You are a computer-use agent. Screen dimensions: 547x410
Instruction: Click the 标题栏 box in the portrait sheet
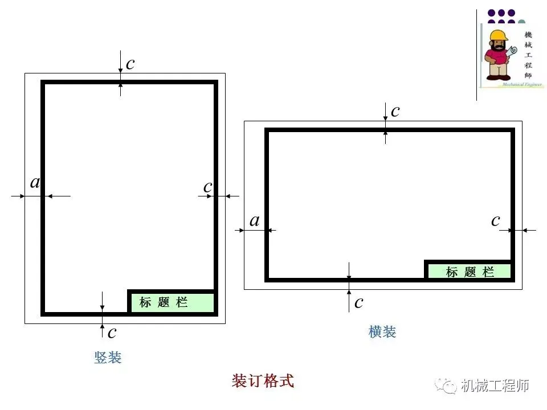(x=172, y=302)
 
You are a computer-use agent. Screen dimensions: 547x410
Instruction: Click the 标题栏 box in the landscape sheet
(x=470, y=272)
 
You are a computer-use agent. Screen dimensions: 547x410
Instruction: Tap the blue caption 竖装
(x=108, y=358)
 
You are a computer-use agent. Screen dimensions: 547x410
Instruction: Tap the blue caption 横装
(x=382, y=332)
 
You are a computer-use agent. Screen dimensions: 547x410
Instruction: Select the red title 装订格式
(x=263, y=381)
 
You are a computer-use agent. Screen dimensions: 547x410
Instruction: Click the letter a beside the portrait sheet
(x=35, y=183)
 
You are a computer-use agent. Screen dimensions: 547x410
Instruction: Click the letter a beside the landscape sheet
(x=254, y=221)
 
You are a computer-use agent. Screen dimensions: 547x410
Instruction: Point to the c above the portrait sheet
(x=130, y=64)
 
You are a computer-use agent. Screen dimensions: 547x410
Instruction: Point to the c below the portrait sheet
(x=112, y=331)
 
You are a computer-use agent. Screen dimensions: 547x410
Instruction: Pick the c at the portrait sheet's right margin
(x=207, y=187)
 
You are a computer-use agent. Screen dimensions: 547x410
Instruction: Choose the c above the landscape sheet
(x=395, y=111)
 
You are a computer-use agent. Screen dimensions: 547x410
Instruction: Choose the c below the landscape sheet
(x=358, y=302)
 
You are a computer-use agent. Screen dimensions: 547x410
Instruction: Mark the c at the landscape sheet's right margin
(x=496, y=220)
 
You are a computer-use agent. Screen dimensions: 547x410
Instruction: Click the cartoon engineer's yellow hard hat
(x=498, y=36)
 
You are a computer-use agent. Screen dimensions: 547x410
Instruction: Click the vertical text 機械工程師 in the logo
(x=528, y=54)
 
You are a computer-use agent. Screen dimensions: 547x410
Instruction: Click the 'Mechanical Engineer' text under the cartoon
(x=521, y=84)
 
